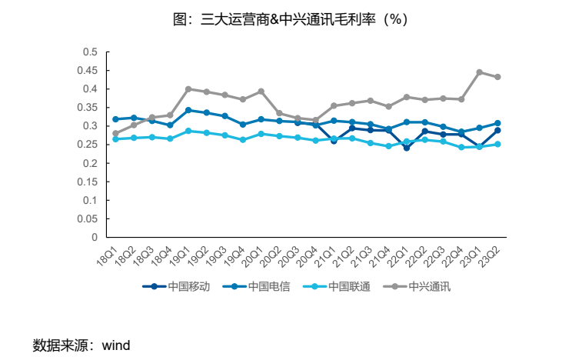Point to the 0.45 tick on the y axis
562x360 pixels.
coord(90,70)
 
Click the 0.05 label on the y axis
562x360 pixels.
coord(90,218)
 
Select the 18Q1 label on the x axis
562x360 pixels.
coord(108,254)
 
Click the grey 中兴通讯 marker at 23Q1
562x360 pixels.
coord(479,72)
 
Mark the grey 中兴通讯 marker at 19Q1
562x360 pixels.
coord(188,89)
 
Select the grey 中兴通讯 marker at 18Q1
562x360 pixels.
coord(115,133)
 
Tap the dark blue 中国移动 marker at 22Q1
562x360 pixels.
coord(407,148)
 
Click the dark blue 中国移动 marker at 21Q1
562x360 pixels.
coord(334,141)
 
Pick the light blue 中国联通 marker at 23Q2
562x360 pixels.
coord(497,144)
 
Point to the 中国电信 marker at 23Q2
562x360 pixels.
coord(497,123)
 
